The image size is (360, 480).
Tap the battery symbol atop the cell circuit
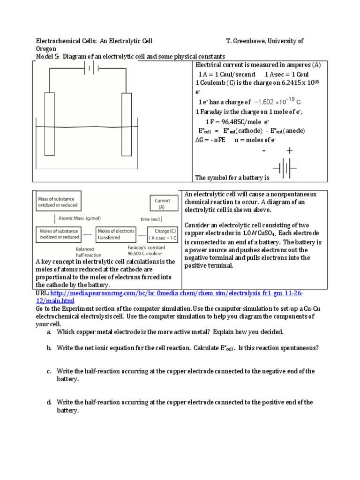pos(91,69)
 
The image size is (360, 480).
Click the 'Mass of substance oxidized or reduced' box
pos(58,202)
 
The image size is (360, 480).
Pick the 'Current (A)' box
pos(163,203)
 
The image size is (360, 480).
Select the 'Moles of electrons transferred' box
pos(116,234)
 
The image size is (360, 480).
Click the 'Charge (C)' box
pos(162,234)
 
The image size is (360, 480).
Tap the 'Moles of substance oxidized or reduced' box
pos(58,234)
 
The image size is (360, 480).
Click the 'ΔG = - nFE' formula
pos(210,140)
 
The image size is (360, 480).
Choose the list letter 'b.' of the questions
pos(49,348)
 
